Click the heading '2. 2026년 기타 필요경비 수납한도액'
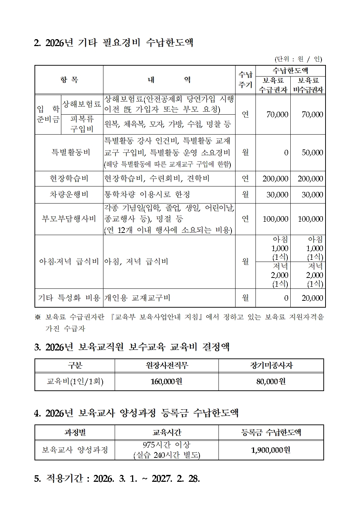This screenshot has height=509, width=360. pyautogui.click(x=113, y=43)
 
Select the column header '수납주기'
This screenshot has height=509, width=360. pyautogui.click(x=245, y=80)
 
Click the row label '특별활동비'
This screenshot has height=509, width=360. pyautogui.click(x=71, y=152)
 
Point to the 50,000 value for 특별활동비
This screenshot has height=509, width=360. pyautogui.click(x=312, y=153)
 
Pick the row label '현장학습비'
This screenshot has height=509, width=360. pyautogui.click(x=69, y=178)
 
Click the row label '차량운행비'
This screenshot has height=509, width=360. pyautogui.click(x=69, y=195)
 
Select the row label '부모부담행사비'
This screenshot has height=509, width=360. pyautogui.click(x=69, y=219)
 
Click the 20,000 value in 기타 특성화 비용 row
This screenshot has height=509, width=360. pyautogui.click(x=312, y=298)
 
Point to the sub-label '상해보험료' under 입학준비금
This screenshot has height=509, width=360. pyautogui.click(x=82, y=104)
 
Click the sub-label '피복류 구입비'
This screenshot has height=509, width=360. pyautogui.click(x=82, y=124)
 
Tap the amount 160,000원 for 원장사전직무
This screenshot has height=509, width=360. pyautogui.click(x=167, y=382)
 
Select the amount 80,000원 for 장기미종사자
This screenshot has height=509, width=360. pyautogui.click(x=271, y=382)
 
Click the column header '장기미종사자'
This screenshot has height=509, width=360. pyautogui.click(x=271, y=365)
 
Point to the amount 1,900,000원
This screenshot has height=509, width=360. pyautogui.click(x=271, y=450)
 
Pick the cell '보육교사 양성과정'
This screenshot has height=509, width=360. pyautogui.click(x=75, y=450)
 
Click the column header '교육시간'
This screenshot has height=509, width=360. pyautogui.click(x=167, y=432)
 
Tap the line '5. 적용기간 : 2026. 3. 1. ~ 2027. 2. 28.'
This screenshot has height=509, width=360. pyautogui.click(x=117, y=479)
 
